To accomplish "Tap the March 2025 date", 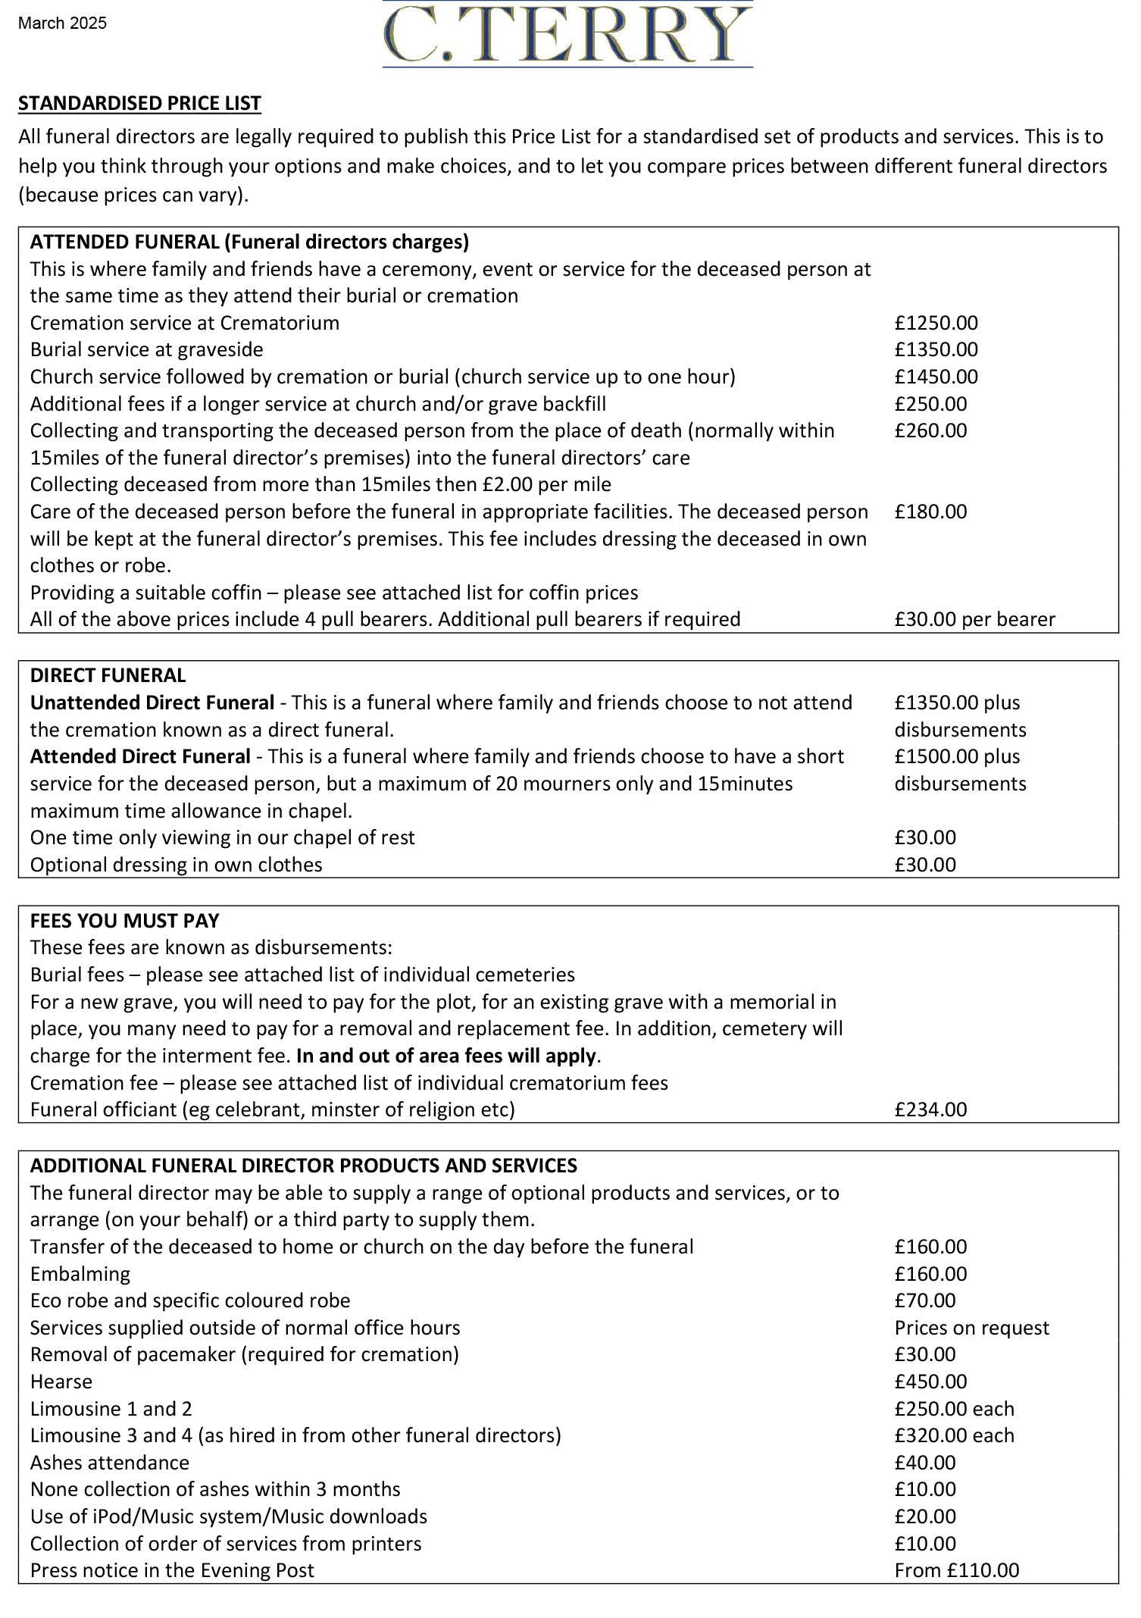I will [x=62, y=23].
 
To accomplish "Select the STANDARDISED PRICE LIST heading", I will [x=139, y=103].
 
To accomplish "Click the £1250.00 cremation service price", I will [x=936, y=323].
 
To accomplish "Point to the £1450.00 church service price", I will [x=936, y=377].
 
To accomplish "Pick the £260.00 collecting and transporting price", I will [x=930, y=430].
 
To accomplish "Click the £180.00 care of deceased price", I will [x=930, y=512].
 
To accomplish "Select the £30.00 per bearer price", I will [x=974, y=619].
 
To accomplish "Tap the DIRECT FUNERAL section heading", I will [x=108, y=675].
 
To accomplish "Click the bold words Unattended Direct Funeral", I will [x=152, y=703].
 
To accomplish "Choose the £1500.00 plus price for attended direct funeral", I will [x=957, y=756].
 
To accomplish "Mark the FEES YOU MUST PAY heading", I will [x=124, y=921].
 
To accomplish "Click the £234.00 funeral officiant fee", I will [x=930, y=1109].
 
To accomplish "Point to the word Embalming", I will [x=80, y=1274].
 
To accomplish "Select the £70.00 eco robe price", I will [x=925, y=1300].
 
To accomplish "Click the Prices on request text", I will [x=971, y=1328].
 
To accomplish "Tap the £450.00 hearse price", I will [x=930, y=1382].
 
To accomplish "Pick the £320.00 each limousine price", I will [x=954, y=1435].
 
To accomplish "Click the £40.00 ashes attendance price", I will [x=925, y=1463].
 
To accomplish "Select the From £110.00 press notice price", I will [x=956, y=1570].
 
